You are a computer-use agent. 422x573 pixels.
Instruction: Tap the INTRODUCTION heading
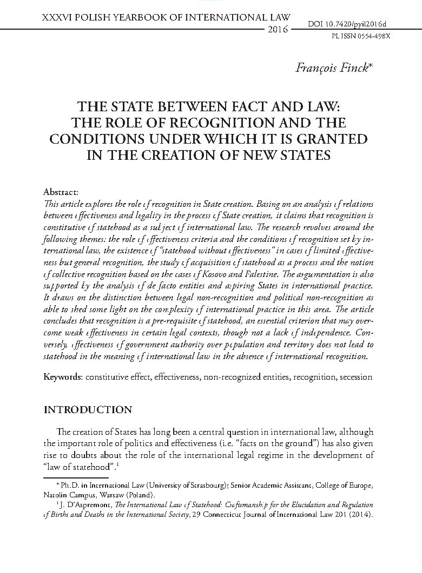[x=88, y=409]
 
